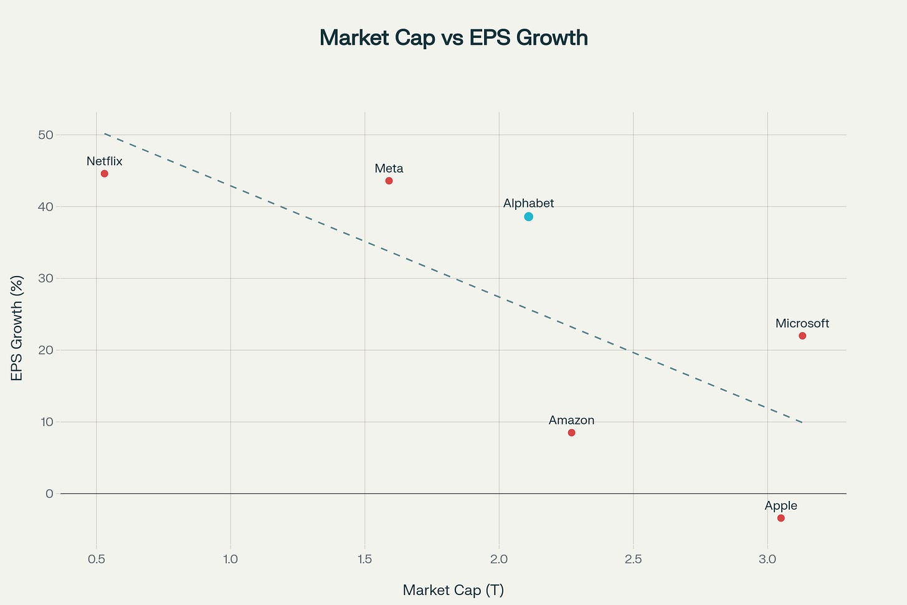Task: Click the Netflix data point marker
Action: [x=105, y=174]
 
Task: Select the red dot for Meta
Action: [x=389, y=181]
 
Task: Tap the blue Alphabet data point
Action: [x=528, y=217]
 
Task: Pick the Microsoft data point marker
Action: [x=802, y=336]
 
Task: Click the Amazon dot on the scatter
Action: [x=571, y=432]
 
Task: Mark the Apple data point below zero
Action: [x=781, y=518]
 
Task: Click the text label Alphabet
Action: [x=528, y=204]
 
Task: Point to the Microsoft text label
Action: [x=802, y=323]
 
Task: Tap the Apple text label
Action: [x=781, y=506]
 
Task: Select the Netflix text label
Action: [x=105, y=161]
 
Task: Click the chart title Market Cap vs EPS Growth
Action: [x=453, y=38]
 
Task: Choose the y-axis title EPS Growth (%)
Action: [x=17, y=328]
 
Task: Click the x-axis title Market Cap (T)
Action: [x=453, y=590]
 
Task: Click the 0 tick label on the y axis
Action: [x=49, y=493]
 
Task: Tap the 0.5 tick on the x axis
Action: [x=97, y=542]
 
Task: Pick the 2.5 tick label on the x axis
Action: [x=633, y=542]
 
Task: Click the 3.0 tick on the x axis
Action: [x=767, y=542]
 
